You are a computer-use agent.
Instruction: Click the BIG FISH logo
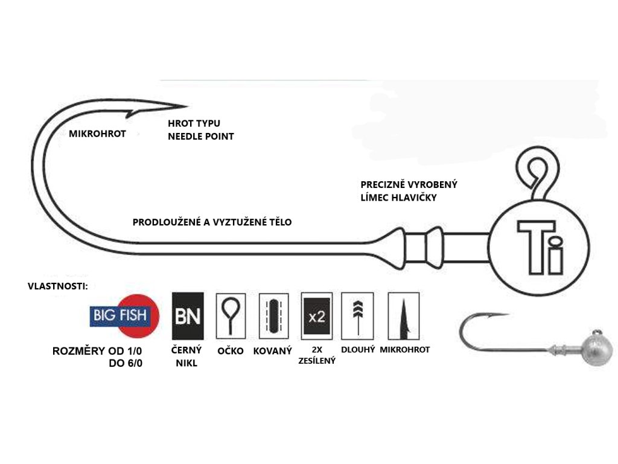click(124, 315)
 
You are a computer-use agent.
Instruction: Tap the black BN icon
click(188, 316)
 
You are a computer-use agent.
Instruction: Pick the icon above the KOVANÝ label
click(274, 316)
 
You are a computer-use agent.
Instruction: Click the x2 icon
click(317, 316)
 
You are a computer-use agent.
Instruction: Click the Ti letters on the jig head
click(540, 247)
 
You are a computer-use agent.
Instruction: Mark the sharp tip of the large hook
click(186, 106)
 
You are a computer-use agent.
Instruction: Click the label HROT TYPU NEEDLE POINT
click(201, 130)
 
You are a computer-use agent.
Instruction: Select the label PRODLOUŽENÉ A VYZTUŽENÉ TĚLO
click(212, 222)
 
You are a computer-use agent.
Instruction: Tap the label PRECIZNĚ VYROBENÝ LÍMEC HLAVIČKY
click(409, 191)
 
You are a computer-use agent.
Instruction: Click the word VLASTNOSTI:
click(58, 286)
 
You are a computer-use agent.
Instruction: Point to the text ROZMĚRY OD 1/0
click(97, 351)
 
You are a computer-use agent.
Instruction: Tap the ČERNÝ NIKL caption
click(186, 356)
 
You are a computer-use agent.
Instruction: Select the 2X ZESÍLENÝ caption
click(317, 355)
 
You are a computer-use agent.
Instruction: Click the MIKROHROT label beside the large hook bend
click(97, 134)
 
